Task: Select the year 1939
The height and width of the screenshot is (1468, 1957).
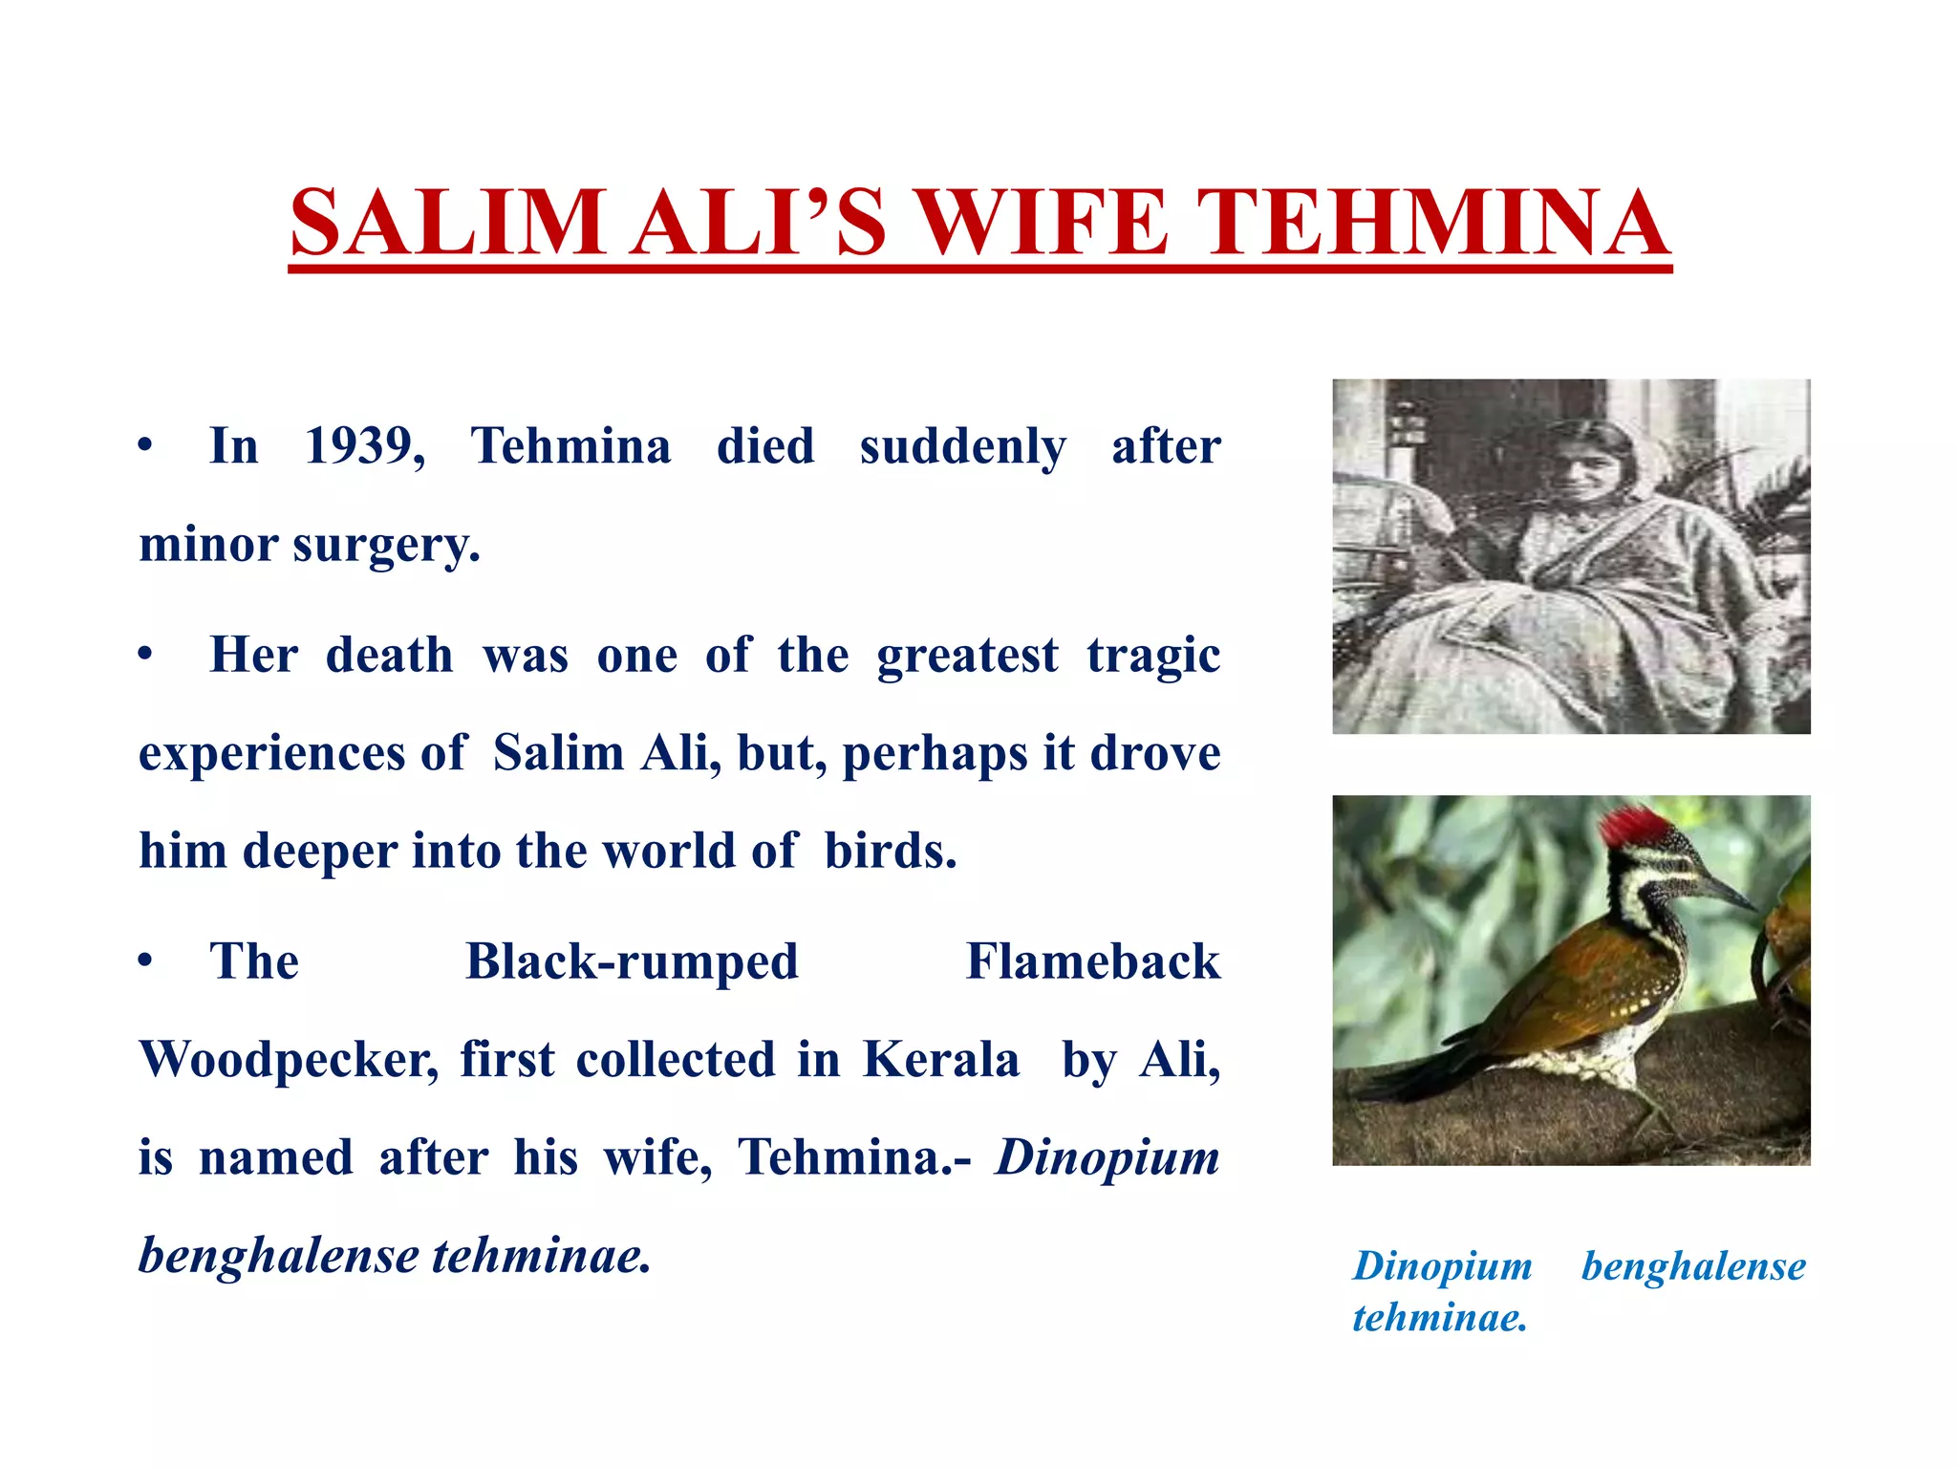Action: [x=364, y=446]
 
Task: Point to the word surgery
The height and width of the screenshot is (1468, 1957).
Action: [x=385, y=546]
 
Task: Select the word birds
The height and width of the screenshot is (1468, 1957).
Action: [x=890, y=851]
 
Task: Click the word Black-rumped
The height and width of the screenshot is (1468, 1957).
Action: [x=632, y=962]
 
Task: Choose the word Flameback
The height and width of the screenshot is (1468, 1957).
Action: [x=1093, y=962]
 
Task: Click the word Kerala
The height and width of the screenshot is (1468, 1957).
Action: [x=941, y=1060]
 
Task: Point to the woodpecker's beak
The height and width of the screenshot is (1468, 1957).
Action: [x=1725, y=892]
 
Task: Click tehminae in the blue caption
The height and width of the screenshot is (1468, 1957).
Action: [x=1439, y=1318]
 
